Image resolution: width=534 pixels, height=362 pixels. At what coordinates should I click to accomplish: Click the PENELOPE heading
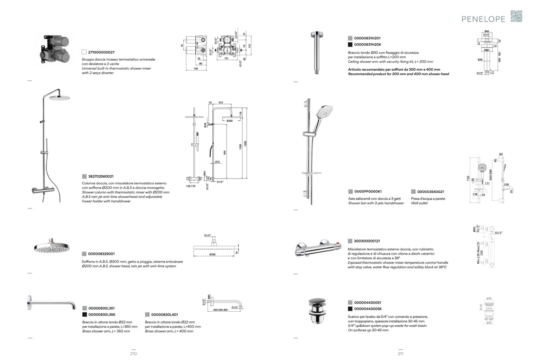pos(484,19)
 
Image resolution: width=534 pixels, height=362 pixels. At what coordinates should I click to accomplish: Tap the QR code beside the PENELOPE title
pos(516,16)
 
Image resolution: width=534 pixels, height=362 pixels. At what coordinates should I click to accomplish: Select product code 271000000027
pos(101,52)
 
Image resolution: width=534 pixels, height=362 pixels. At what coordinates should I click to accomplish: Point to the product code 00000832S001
pos(102,254)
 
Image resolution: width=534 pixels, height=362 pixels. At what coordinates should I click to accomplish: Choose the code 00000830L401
pos(164,314)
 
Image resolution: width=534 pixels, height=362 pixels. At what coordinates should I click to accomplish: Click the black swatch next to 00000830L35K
pos(85,314)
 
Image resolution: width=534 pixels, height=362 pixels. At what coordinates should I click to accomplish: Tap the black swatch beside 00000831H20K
pos(350,44)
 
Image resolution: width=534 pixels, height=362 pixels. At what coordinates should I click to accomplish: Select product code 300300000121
pos(367,241)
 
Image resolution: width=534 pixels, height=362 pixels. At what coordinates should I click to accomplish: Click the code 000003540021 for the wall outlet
pos(430,192)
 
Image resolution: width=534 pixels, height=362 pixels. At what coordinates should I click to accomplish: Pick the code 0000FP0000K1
pos(368,192)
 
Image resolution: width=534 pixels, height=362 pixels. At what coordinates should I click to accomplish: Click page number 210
pos(133,354)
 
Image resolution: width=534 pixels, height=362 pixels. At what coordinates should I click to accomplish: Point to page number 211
pos(400,354)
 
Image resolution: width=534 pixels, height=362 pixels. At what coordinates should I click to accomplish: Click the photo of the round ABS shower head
pos(52,246)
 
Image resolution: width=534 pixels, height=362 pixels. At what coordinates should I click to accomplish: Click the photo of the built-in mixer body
pos(56,50)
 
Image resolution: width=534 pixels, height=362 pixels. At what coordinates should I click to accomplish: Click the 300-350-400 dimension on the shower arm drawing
pos(220,310)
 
